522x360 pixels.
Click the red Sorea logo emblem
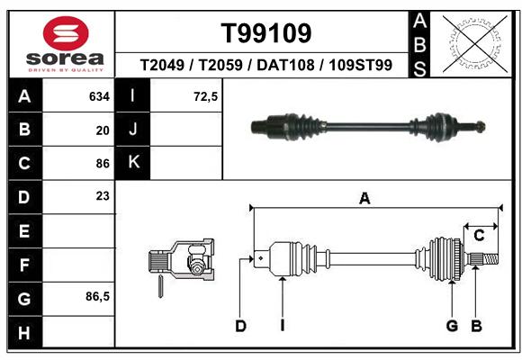(66, 33)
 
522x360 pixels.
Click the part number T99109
(266, 33)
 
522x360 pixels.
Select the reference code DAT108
(285, 65)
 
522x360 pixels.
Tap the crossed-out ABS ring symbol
(475, 43)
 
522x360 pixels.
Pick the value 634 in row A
(99, 96)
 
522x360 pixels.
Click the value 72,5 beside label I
(205, 96)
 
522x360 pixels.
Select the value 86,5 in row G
(97, 296)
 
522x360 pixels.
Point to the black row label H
(25, 332)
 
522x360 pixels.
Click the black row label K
(133, 162)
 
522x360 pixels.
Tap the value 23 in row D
(103, 196)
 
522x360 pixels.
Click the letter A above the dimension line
(364, 199)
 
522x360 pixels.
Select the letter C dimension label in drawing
(479, 236)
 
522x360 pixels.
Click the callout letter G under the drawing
(452, 326)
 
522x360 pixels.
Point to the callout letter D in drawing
(240, 326)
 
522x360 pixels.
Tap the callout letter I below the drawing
(283, 326)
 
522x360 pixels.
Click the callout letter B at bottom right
(476, 326)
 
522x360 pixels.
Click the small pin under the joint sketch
(160, 286)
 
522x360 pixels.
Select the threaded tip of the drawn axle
(490, 259)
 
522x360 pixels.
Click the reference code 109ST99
(361, 65)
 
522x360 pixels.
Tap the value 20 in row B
(103, 130)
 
